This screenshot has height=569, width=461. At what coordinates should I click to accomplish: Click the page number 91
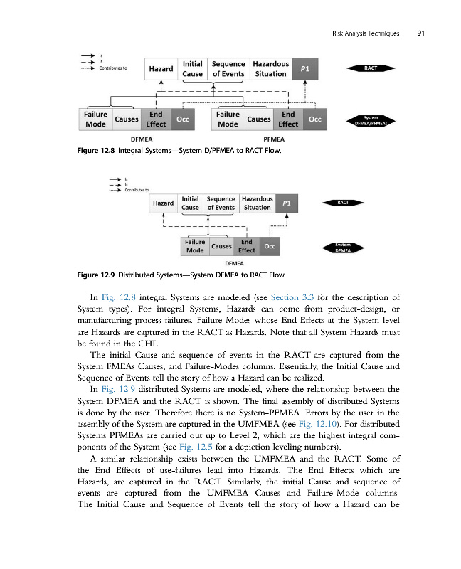(421, 33)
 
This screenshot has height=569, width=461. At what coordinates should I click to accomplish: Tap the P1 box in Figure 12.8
(304, 68)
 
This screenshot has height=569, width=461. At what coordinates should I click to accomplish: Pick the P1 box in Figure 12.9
(286, 203)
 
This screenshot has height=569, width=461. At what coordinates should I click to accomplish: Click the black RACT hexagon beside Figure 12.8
(371, 68)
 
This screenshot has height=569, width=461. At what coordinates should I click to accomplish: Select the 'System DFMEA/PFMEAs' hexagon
(371, 121)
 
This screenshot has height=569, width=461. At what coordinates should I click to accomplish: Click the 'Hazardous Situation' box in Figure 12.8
(270, 68)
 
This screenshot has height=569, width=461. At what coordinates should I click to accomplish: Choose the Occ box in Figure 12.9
(270, 246)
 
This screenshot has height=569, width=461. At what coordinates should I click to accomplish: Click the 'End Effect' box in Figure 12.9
(247, 246)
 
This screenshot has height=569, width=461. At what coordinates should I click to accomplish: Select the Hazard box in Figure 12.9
(164, 203)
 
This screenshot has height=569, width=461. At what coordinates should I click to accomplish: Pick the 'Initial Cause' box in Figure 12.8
(192, 68)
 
